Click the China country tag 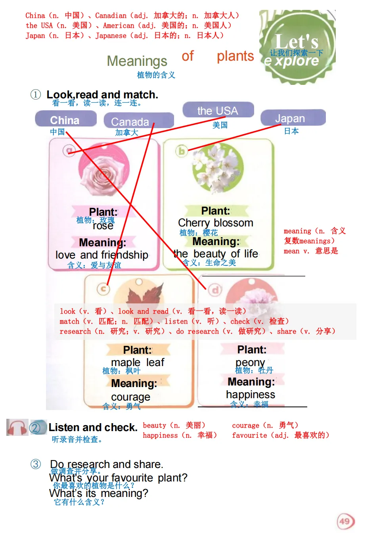tap(65, 119)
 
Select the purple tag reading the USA tap(218, 110)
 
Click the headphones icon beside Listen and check tap(17, 428)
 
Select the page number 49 tap(345, 521)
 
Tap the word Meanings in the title tap(137, 61)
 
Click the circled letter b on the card tap(182, 151)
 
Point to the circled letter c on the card tap(103, 289)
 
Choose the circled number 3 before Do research tap(36, 464)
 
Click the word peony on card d tap(250, 362)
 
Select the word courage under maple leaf tap(130, 397)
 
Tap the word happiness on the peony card tap(250, 394)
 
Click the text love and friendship tap(102, 255)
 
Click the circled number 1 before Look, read tap(36, 94)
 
